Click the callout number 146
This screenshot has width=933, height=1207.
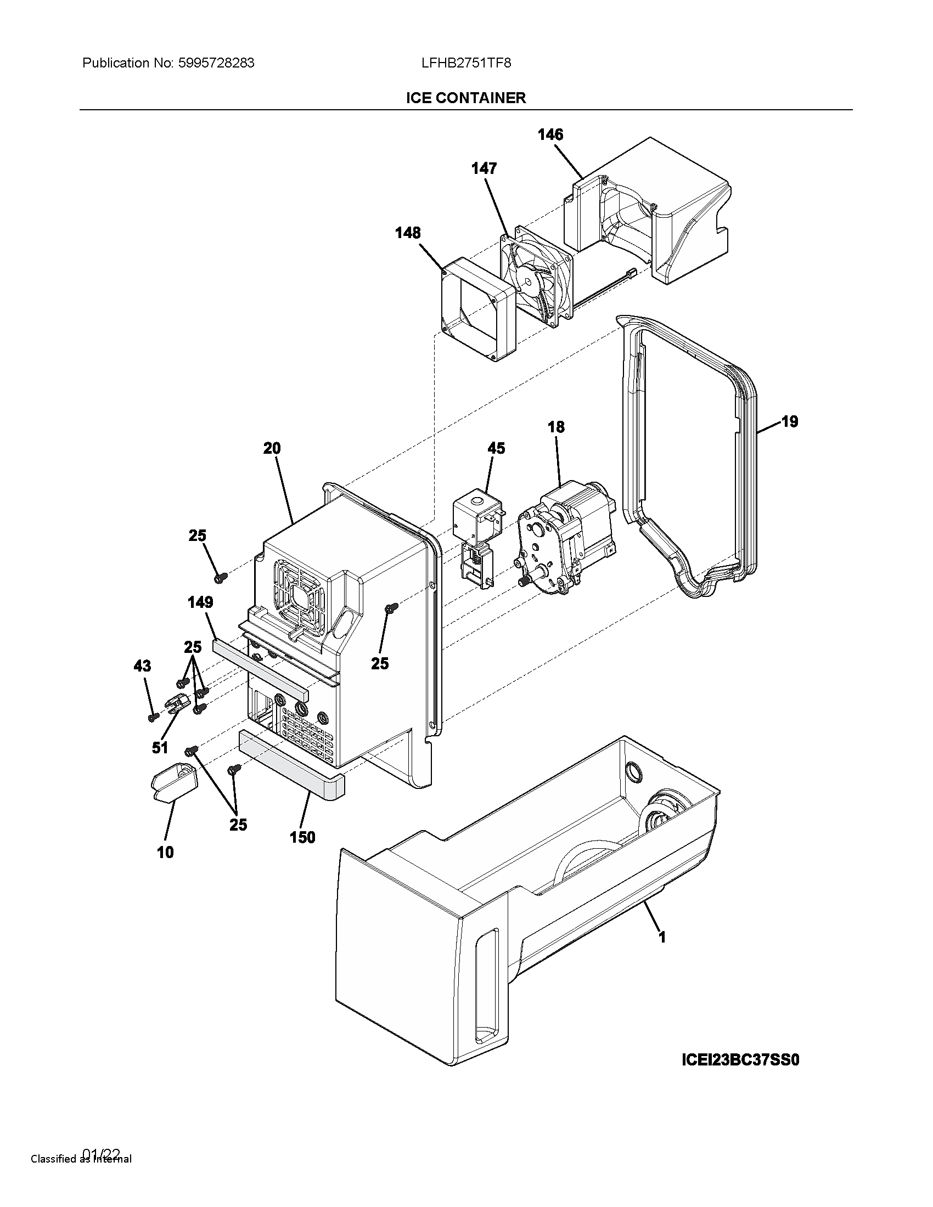click(550, 134)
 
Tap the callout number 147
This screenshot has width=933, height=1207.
click(484, 168)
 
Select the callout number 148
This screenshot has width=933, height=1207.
click(407, 233)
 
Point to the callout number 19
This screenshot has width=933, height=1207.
click(789, 422)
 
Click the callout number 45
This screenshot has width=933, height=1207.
click(496, 448)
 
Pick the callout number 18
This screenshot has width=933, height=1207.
click(556, 427)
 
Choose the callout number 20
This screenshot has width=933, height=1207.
click(271, 448)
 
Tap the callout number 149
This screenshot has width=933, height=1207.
click(200, 602)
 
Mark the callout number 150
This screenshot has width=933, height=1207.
click(302, 837)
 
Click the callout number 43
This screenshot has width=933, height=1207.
click(142, 666)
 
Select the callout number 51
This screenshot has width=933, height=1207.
click(160, 748)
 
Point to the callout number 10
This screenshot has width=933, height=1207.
click(165, 852)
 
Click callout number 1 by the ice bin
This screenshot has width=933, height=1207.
click(662, 937)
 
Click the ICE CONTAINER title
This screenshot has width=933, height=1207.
click(466, 98)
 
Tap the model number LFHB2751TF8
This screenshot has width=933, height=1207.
click(466, 63)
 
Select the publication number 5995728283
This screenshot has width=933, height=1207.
click(216, 63)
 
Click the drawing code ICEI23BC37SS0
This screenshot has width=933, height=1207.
click(740, 1059)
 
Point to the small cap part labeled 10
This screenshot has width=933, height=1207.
click(174, 781)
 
